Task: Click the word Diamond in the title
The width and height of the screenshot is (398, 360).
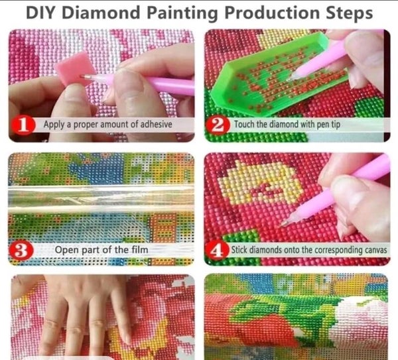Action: (101, 13)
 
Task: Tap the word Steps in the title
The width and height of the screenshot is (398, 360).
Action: (350, 13)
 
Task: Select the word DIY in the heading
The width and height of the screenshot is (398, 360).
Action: (40, 13)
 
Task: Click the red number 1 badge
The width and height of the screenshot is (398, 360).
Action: (23, 125)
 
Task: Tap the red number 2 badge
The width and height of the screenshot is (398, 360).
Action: (218, 125)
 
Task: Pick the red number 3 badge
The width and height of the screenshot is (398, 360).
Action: (21, 250)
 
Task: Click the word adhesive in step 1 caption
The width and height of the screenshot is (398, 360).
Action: (156, 125)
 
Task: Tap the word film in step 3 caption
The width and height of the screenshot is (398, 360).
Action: (139, 250)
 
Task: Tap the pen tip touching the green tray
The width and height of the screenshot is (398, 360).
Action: (292, 77)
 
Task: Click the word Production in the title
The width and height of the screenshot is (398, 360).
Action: (272, 13)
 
